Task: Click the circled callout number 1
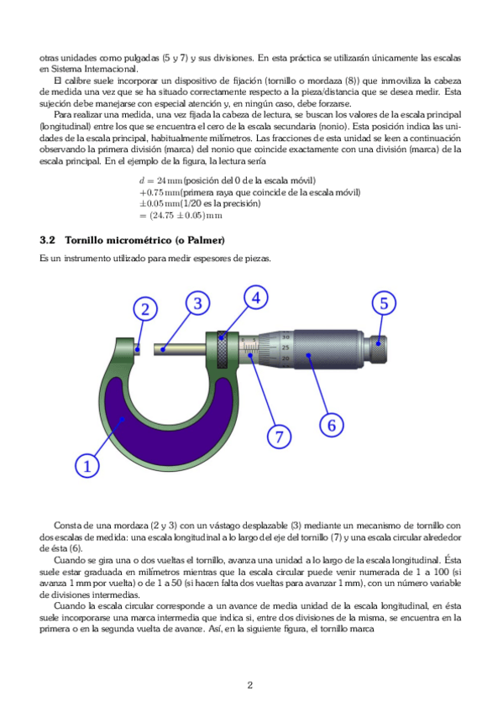coord(86,466)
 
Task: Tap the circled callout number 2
coord(145,309)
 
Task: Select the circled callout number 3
coord(197,303)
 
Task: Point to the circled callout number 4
coord(256,298)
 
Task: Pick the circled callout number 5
coord(384,303)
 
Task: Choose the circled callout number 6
coord(332,426)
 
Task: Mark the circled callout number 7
coord(279,437)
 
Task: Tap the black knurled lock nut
coord(222,349)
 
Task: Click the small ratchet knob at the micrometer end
coord(378,349)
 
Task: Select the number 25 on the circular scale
coord(286,348)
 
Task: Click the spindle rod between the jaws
coord(181,348)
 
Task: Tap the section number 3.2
coord(47,240)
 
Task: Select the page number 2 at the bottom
coord(250,685)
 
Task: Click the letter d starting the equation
coord(142,181)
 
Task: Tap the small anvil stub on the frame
coord(137,348)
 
